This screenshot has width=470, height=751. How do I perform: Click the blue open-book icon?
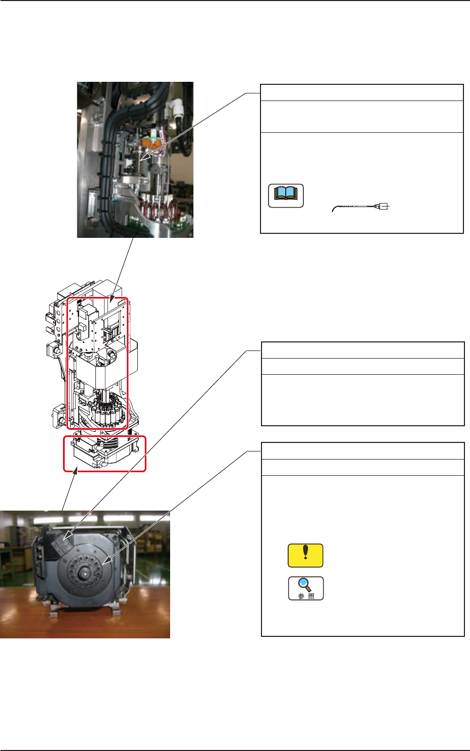pos(286,195)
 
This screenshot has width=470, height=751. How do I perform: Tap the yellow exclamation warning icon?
pos(305,555)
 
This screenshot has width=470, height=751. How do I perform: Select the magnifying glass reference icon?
pos(305,588)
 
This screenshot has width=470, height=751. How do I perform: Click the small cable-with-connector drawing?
pos(361,207)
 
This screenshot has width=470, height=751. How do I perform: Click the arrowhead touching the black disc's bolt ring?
pos(104,561)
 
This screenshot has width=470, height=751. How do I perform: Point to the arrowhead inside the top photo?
pos(144,157)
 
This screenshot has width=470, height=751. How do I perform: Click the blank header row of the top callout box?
pos(361,93)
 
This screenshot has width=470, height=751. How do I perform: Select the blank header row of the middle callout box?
pos(362,351)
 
